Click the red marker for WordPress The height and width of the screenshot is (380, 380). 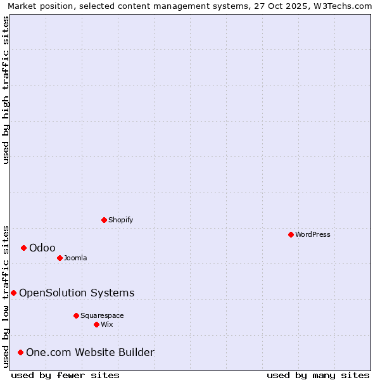tap(291, 234)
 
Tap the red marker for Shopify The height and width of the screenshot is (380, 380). tap(104, 220)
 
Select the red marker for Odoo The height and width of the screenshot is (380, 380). tap(23, 248)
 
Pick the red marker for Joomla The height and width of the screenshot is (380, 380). tap(60, 258)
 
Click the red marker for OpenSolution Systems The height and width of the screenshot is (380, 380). tap(13, 293)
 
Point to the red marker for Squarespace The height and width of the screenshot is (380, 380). tap(76, 315)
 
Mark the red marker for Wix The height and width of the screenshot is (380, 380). tap(96, 324)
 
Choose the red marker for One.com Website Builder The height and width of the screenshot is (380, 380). tap(20, 352)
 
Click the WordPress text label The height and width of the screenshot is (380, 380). tap(313, 234)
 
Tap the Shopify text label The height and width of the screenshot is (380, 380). tap(121, 220)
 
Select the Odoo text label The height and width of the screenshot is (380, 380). tap(42, 248)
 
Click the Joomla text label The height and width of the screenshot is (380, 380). tap(75, 258)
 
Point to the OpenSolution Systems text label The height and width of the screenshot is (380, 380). tap(77, 293)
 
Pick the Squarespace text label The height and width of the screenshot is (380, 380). tap(102, 315)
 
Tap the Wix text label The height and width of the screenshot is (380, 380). tap(107, 324)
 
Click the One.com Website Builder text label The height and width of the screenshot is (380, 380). tap(90, 352)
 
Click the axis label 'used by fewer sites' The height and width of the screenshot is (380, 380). tap(65, 375)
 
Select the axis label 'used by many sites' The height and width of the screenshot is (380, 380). tap(318, 375)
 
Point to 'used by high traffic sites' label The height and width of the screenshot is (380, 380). tap(6, 90)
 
